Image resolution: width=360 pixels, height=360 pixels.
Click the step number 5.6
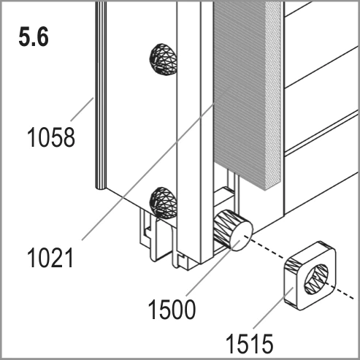tap(34, 37)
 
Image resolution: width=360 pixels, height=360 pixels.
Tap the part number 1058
tap(51, 137)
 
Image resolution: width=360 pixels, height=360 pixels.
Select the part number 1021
tap(50, 258)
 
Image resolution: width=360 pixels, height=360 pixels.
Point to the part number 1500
tap(172, 309)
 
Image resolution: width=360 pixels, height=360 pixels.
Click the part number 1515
tap(250, 344)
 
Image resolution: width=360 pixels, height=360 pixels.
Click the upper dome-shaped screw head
tap(163, 59)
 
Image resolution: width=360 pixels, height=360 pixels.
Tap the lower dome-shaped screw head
tap(163, 202)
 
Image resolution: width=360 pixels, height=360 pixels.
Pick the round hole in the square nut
tap(316, 279)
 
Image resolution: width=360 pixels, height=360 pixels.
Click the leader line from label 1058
tap(82, 109)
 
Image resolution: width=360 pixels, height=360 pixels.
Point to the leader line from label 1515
tap(273, 307)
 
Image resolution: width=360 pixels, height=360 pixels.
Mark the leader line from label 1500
tap(213, 268)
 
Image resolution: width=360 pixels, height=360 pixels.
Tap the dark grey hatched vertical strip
tap(240, 95)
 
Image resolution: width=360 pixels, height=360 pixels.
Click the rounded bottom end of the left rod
tap(100, 188)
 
